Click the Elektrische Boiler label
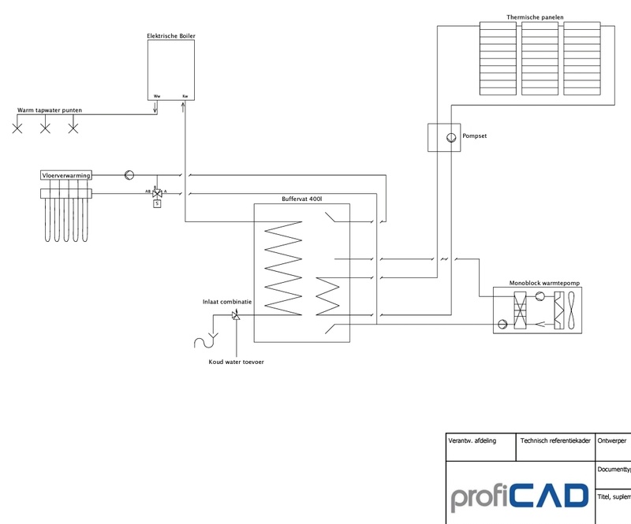[x=171, y=35]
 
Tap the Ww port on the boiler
[x=156, y=96]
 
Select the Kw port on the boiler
[x=185, y=96]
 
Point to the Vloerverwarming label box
[x=65, y=175]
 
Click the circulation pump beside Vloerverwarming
[x=130, y=174]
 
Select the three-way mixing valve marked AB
[x=156, y=192]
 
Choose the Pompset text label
[x=475, y=136]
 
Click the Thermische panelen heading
[x=540, y=17]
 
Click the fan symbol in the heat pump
[x=570, y=310]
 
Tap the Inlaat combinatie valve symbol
[x=235, y=315]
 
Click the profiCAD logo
[x=520, y=496]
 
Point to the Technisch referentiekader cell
[x=554, y=441]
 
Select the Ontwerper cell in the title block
[x=613, y=441]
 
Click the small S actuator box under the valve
[x=156, y=203]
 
